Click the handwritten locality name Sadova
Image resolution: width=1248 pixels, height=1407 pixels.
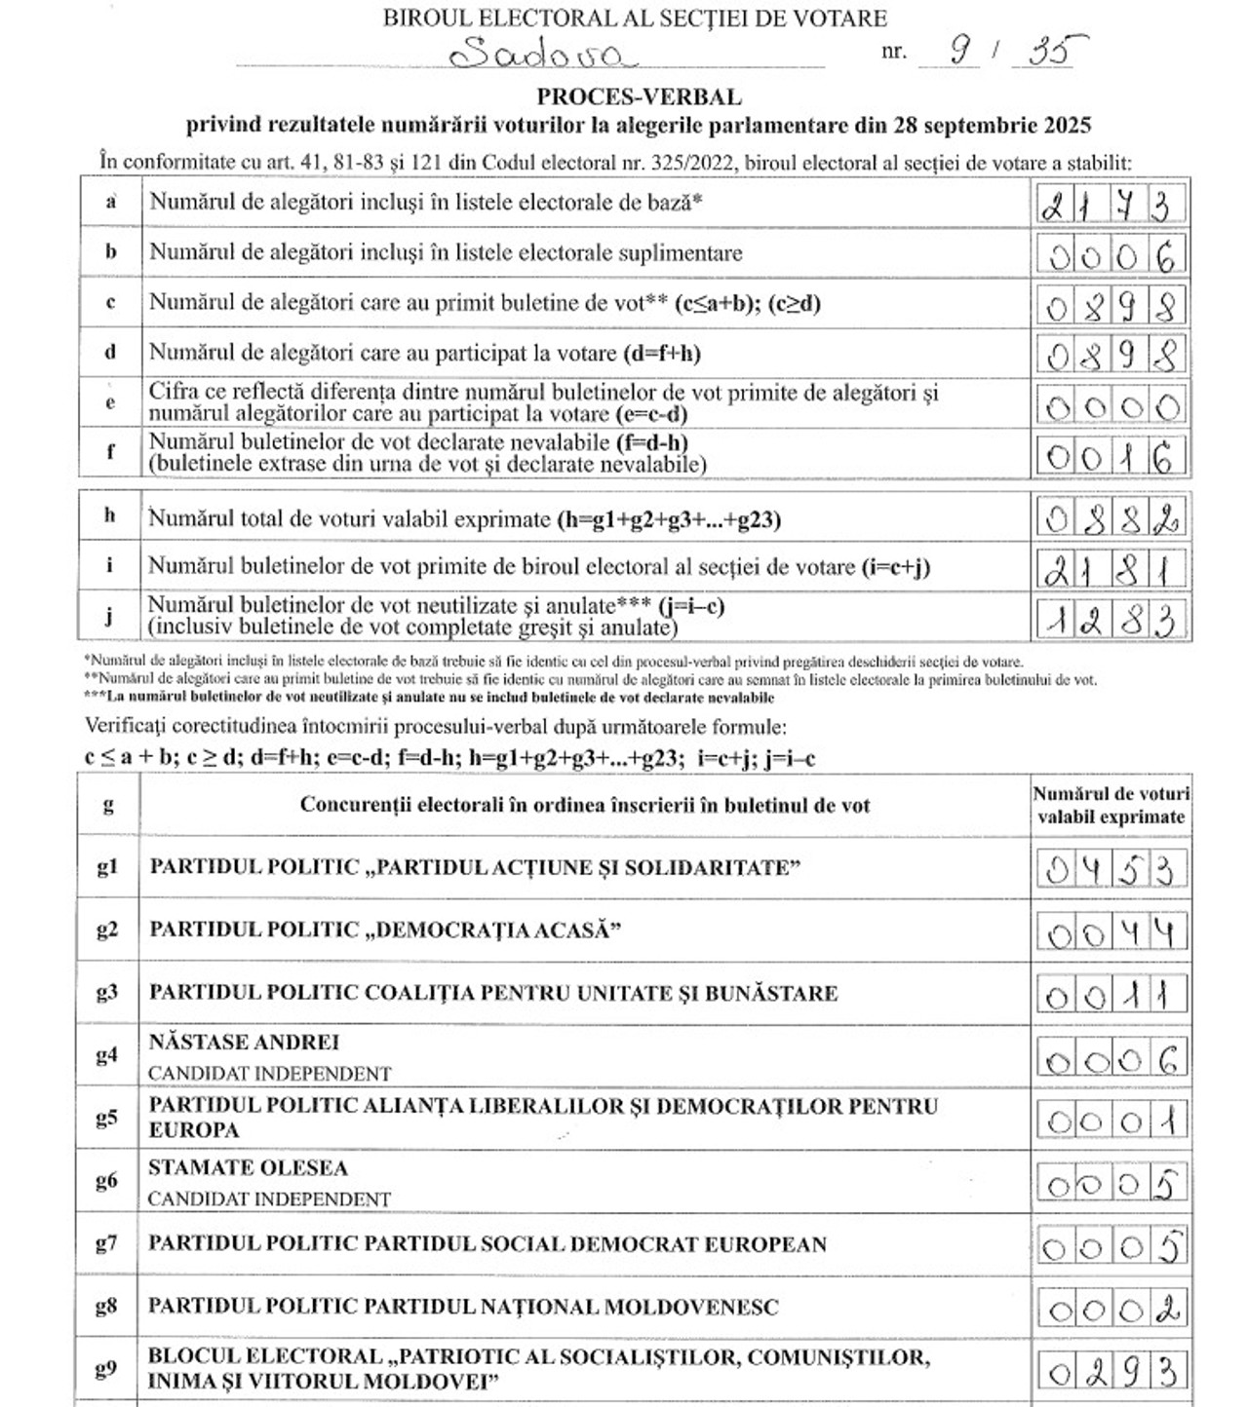(542, 52)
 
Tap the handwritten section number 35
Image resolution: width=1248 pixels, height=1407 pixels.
(1044, 50)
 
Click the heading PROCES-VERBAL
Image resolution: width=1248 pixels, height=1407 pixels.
(639, 97)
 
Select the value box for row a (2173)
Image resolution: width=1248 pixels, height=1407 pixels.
(1111, 205)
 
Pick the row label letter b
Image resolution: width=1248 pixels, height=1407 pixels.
(111, 252)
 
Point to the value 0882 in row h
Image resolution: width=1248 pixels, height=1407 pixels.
(1111, 519)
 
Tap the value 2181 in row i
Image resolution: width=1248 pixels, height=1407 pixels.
(1111, 568)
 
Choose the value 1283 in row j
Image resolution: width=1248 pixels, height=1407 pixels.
(1111, 619)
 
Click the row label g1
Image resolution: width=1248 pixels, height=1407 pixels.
(107, 867)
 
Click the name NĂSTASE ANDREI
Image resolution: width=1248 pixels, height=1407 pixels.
(244, 1043)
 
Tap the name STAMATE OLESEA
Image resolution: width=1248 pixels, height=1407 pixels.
(248, 1167)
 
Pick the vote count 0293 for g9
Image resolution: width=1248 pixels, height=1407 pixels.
(1111, 1372)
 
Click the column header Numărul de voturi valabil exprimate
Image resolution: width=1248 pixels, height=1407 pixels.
(1111, 806)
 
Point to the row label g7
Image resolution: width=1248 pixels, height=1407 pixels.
(107, 1243)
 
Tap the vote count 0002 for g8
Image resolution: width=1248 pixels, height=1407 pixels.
(1111, 1310)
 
